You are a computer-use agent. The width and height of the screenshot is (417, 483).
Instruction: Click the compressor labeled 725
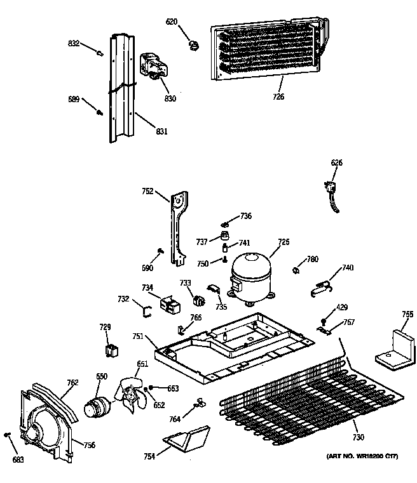coord(249,275)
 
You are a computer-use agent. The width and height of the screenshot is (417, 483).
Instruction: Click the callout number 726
coord(278,96)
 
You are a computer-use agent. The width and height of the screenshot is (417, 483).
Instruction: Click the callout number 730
coord(359,437)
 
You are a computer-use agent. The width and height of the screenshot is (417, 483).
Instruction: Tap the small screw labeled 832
coord(100,53)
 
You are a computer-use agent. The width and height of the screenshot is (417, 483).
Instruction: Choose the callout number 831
coord(161,131)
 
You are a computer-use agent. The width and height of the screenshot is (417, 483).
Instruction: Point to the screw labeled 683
coord(8,435)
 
